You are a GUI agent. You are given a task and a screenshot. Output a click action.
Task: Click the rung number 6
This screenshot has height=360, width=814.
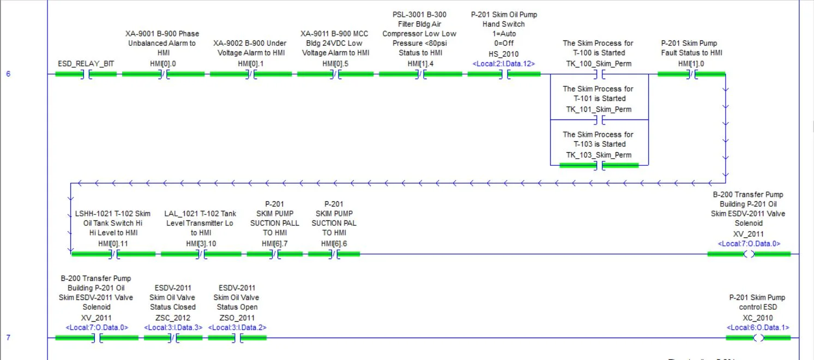pos(8,74)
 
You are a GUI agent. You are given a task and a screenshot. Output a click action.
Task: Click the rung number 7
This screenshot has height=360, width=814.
pos(8,338)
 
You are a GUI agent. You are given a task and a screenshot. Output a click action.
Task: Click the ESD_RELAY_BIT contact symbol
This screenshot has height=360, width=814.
pos(86,74)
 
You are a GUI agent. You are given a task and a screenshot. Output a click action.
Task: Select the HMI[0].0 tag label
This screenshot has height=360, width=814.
pos(163,64)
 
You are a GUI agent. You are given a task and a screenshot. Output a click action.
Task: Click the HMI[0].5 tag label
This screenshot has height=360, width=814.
pos(335,64)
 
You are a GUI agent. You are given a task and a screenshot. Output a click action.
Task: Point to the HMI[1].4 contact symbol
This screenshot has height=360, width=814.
pos(420,74)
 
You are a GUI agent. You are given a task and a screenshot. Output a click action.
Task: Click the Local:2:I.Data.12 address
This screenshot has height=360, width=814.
pos(503,64)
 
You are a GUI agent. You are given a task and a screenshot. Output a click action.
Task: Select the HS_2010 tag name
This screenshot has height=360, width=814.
pos(503,54)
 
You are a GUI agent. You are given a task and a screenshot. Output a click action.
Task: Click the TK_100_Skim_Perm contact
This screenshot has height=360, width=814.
pos(599,74)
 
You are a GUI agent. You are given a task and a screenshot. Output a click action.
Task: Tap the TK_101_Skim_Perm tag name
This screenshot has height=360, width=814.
pos(599,109)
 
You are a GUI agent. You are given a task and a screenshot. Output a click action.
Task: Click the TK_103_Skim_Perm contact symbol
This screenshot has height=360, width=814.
pos(599,165)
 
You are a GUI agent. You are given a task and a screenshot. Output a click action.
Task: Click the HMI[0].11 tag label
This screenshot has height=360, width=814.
pos(113,244)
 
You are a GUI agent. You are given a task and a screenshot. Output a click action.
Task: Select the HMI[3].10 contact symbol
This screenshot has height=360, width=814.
pos(201,254)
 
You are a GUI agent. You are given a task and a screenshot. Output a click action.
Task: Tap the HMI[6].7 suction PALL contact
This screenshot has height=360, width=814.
pos(275,254)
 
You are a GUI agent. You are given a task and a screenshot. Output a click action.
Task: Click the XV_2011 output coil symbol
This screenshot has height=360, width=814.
pos(749,254)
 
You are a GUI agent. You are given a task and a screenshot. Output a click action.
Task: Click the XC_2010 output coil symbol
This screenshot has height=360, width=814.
pos(758,338)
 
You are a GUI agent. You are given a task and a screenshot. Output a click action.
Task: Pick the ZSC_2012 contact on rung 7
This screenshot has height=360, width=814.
pos(173,338)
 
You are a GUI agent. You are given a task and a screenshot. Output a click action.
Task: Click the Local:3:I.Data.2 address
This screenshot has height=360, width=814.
pos(237,328)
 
